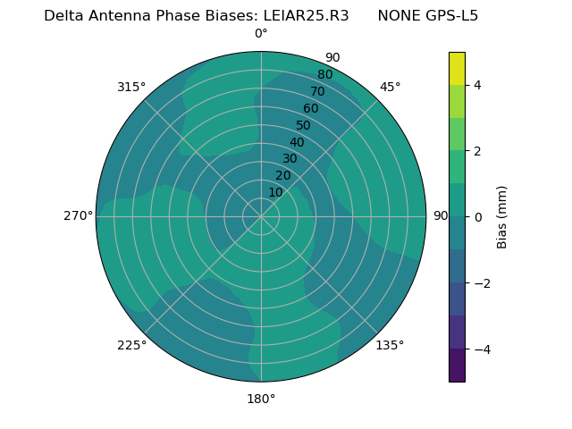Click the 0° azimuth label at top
261,34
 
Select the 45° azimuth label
390,87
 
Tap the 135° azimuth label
390,345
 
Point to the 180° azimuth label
261,399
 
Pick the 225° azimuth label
131,345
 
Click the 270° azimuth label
78,215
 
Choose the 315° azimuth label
131,87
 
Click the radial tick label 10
275,192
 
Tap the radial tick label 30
290,159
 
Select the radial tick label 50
304,126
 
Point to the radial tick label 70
318,92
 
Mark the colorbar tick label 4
478,85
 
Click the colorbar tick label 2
478,151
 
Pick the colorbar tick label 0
478,217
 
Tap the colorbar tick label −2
481,283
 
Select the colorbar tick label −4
481,349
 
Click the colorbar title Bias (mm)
502,217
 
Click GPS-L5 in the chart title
453,15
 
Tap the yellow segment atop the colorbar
457,69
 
